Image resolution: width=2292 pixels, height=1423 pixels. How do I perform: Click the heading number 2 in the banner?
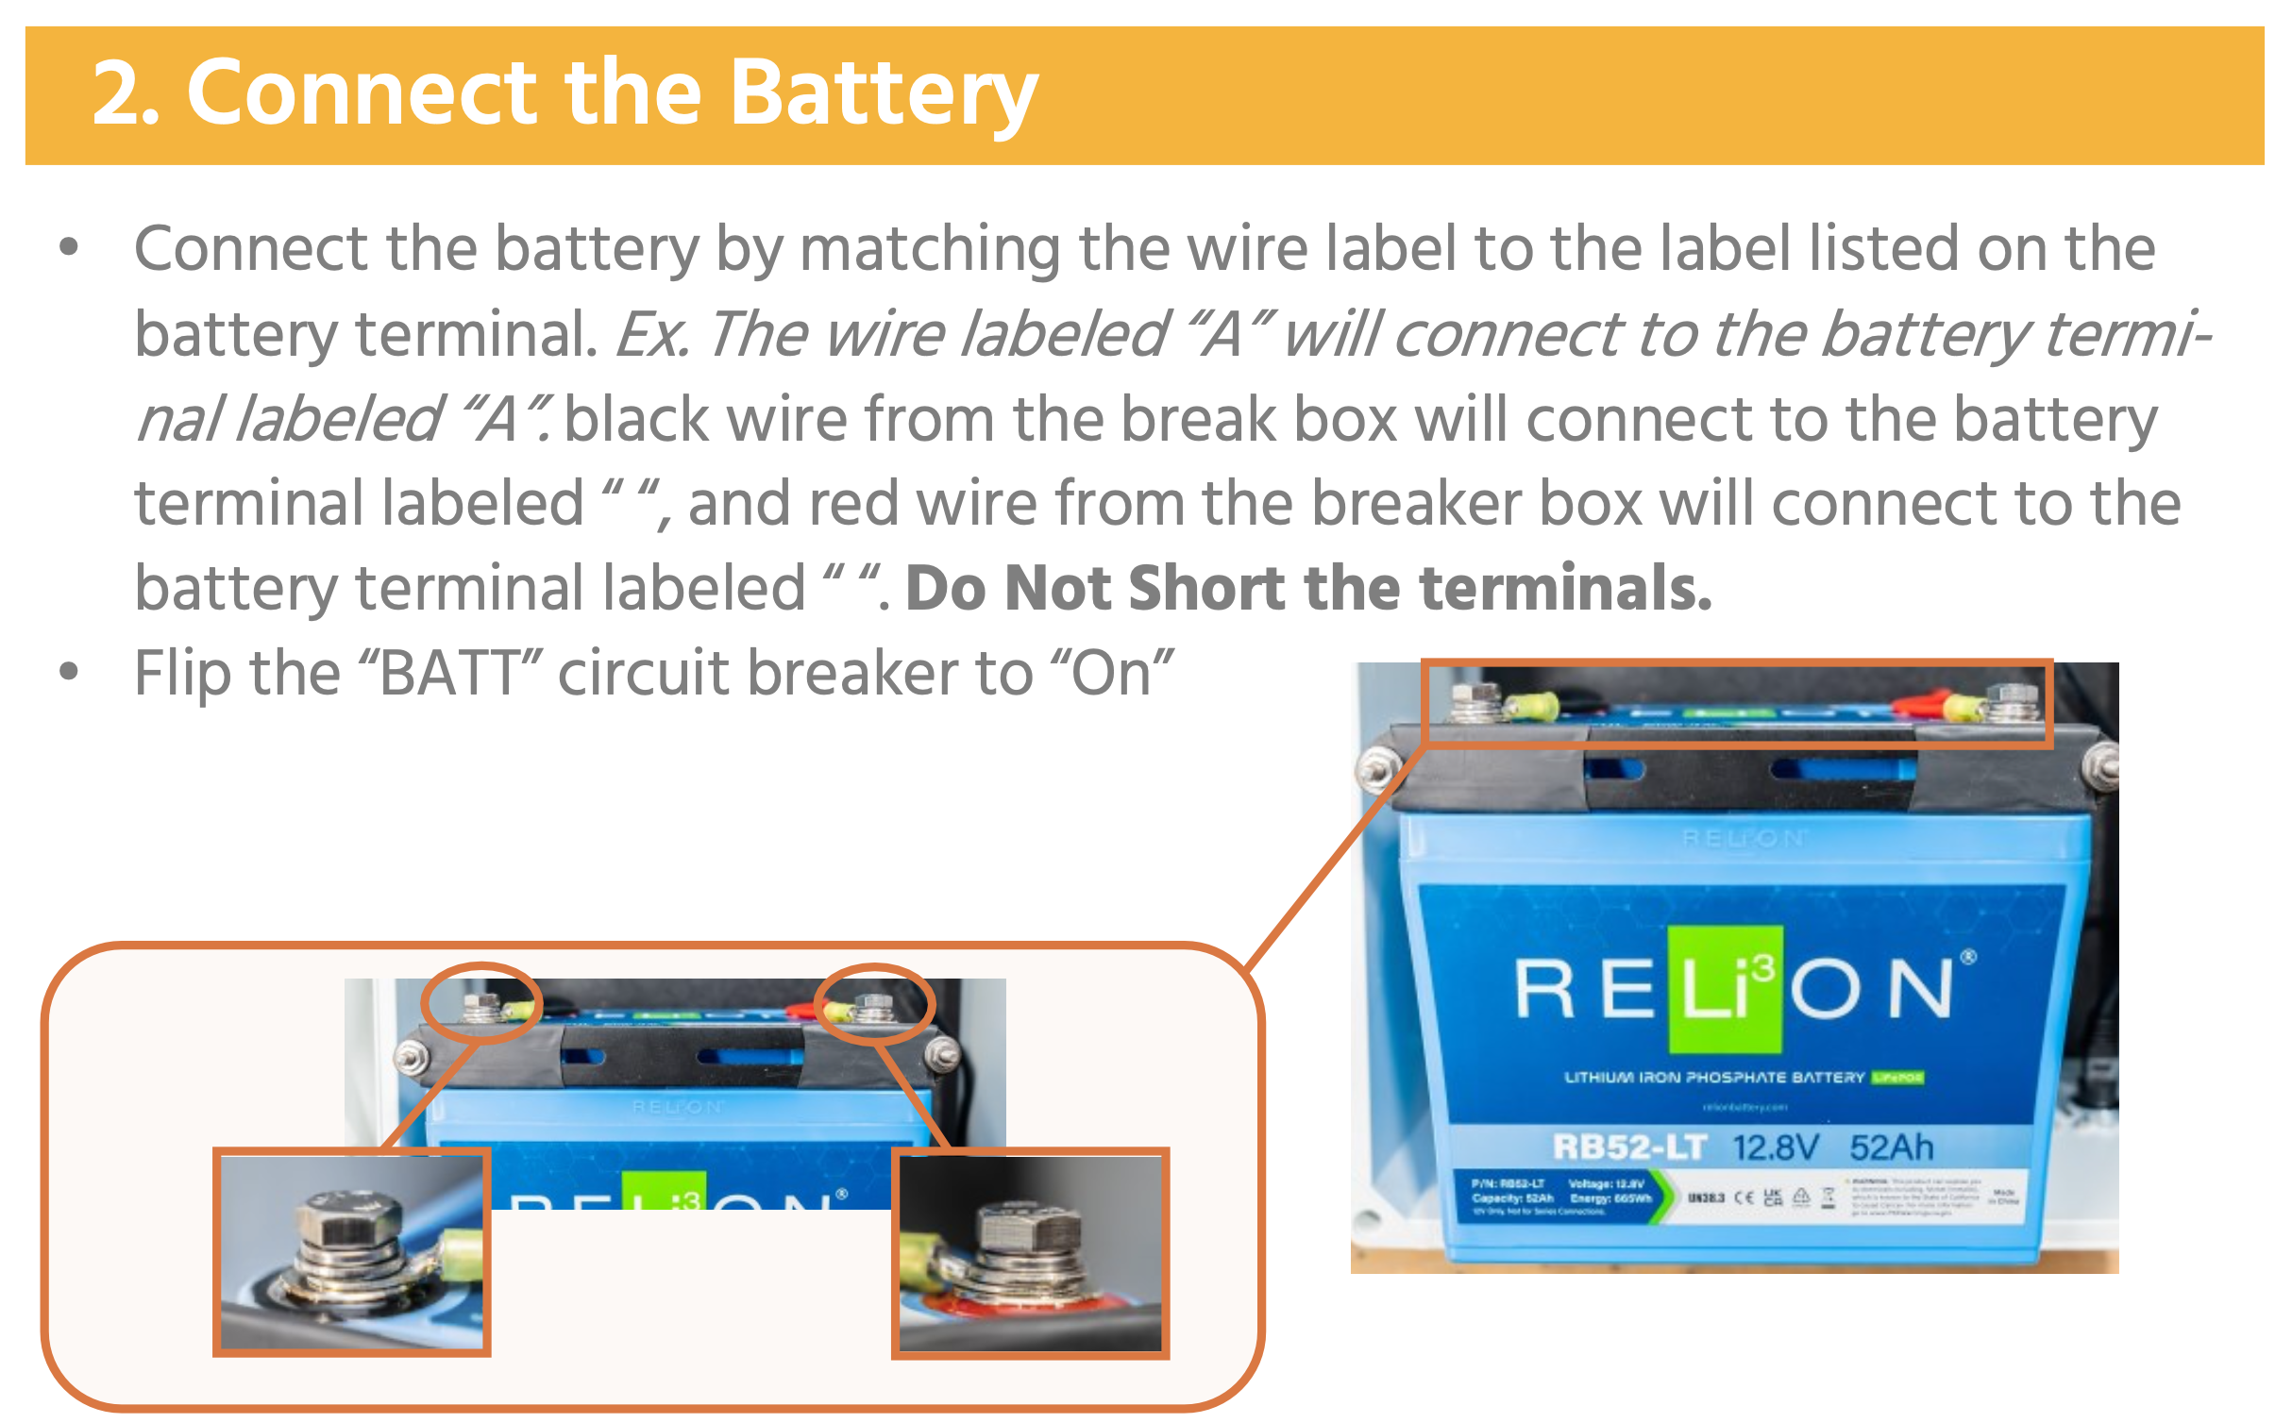pyautogui.click(x=123, y=94)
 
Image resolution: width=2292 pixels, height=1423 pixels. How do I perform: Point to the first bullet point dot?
pyautogui.click(x=69, y=248)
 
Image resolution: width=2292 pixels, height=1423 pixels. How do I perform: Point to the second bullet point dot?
pyautogui.click(x=69, y=673)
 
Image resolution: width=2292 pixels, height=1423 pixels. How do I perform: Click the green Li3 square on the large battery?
pyautogui.click(x=1726, y=990)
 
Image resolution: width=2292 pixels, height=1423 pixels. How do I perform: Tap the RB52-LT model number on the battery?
pyautogui.click(x=1629, y=1147)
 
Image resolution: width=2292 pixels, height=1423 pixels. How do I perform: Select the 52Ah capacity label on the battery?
pyautogui.click(x=1892, y=1147)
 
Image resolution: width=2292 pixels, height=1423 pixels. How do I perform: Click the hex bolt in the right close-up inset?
pyautogui.click(x=1029, y=1231)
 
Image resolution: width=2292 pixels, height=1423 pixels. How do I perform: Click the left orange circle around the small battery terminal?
pyautogui.click(x=481, y=1002)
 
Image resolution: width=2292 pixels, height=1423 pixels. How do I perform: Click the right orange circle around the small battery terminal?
pyautogui.click(x=874, y=1003)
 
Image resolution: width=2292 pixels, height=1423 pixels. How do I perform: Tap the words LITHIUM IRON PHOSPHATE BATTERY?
pyautogui.click(x=1713, y=1078)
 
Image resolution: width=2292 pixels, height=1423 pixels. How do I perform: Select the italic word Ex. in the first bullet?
pyautogui.click(x=651, y=334)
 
